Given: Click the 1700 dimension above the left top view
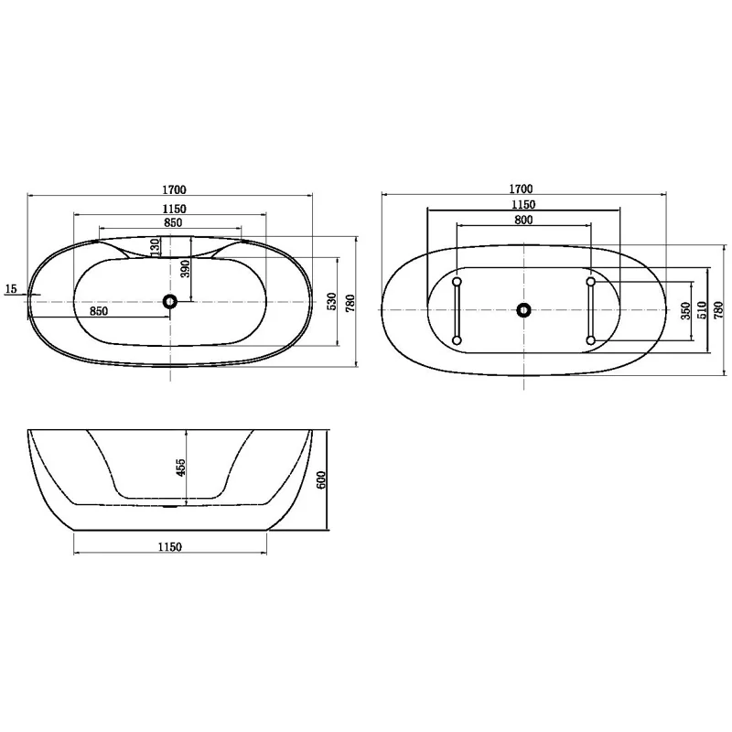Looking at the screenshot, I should click(x=175, y=189).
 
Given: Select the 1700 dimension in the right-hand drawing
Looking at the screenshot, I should click(x=523, y=189).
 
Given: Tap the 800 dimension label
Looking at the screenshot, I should click(x=523, y=220).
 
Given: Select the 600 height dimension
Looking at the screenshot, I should click(x=321, y=479).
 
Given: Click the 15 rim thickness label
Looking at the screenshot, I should click(x=11, y=289).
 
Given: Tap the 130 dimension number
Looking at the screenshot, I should click(x=156, y=246).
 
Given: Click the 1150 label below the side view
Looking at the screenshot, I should click(x=170, y=547).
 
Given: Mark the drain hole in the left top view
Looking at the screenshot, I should click(x=170, y=301).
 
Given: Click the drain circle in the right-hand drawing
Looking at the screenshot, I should click(x=523, y=310).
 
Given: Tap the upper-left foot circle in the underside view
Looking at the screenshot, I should click(x=457, y=280).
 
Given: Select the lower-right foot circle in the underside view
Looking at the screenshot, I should click(x=590, y=340).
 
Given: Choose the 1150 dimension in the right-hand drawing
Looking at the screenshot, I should click(x=523, y=204).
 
